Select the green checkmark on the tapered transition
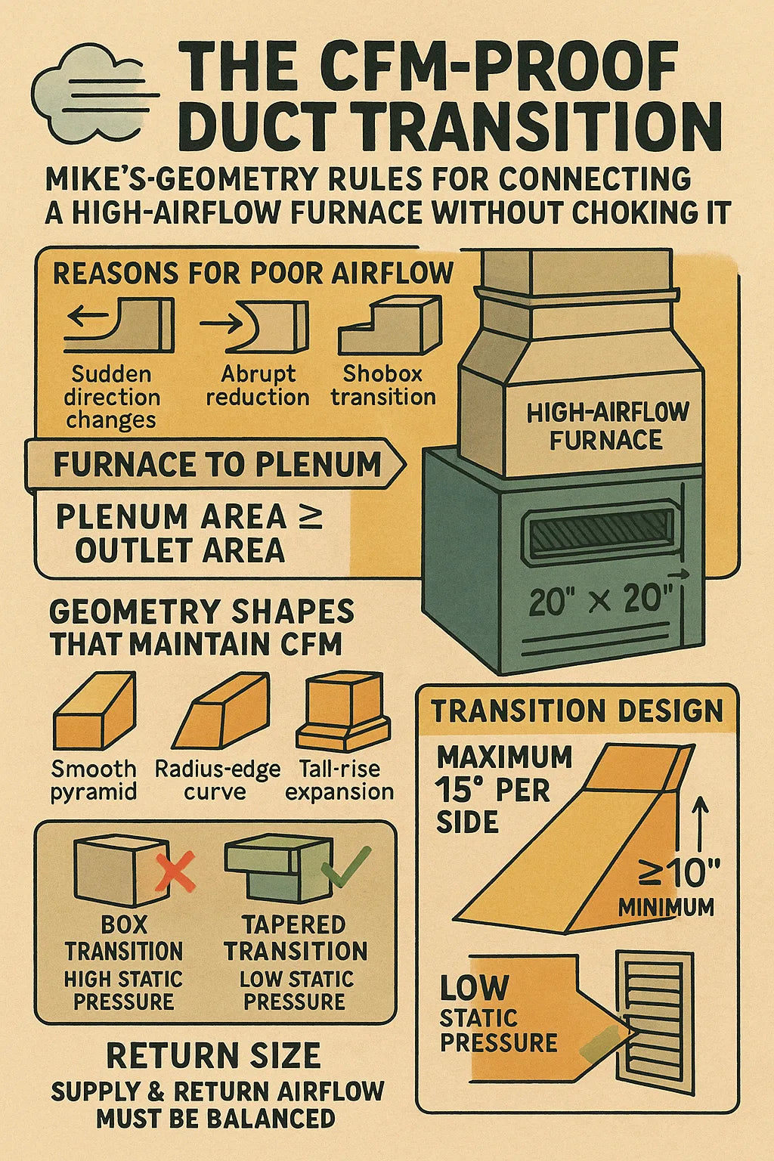coord(345,865)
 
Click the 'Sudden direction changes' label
coord(111,397)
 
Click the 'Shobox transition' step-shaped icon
coord(389,325)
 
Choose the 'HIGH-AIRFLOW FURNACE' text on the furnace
coord(607,426)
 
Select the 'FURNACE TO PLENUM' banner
coord(215,464)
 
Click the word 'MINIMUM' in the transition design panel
coord(666,907)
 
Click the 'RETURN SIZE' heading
coord(213,1056)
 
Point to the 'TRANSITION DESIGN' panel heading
coord(577,711)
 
